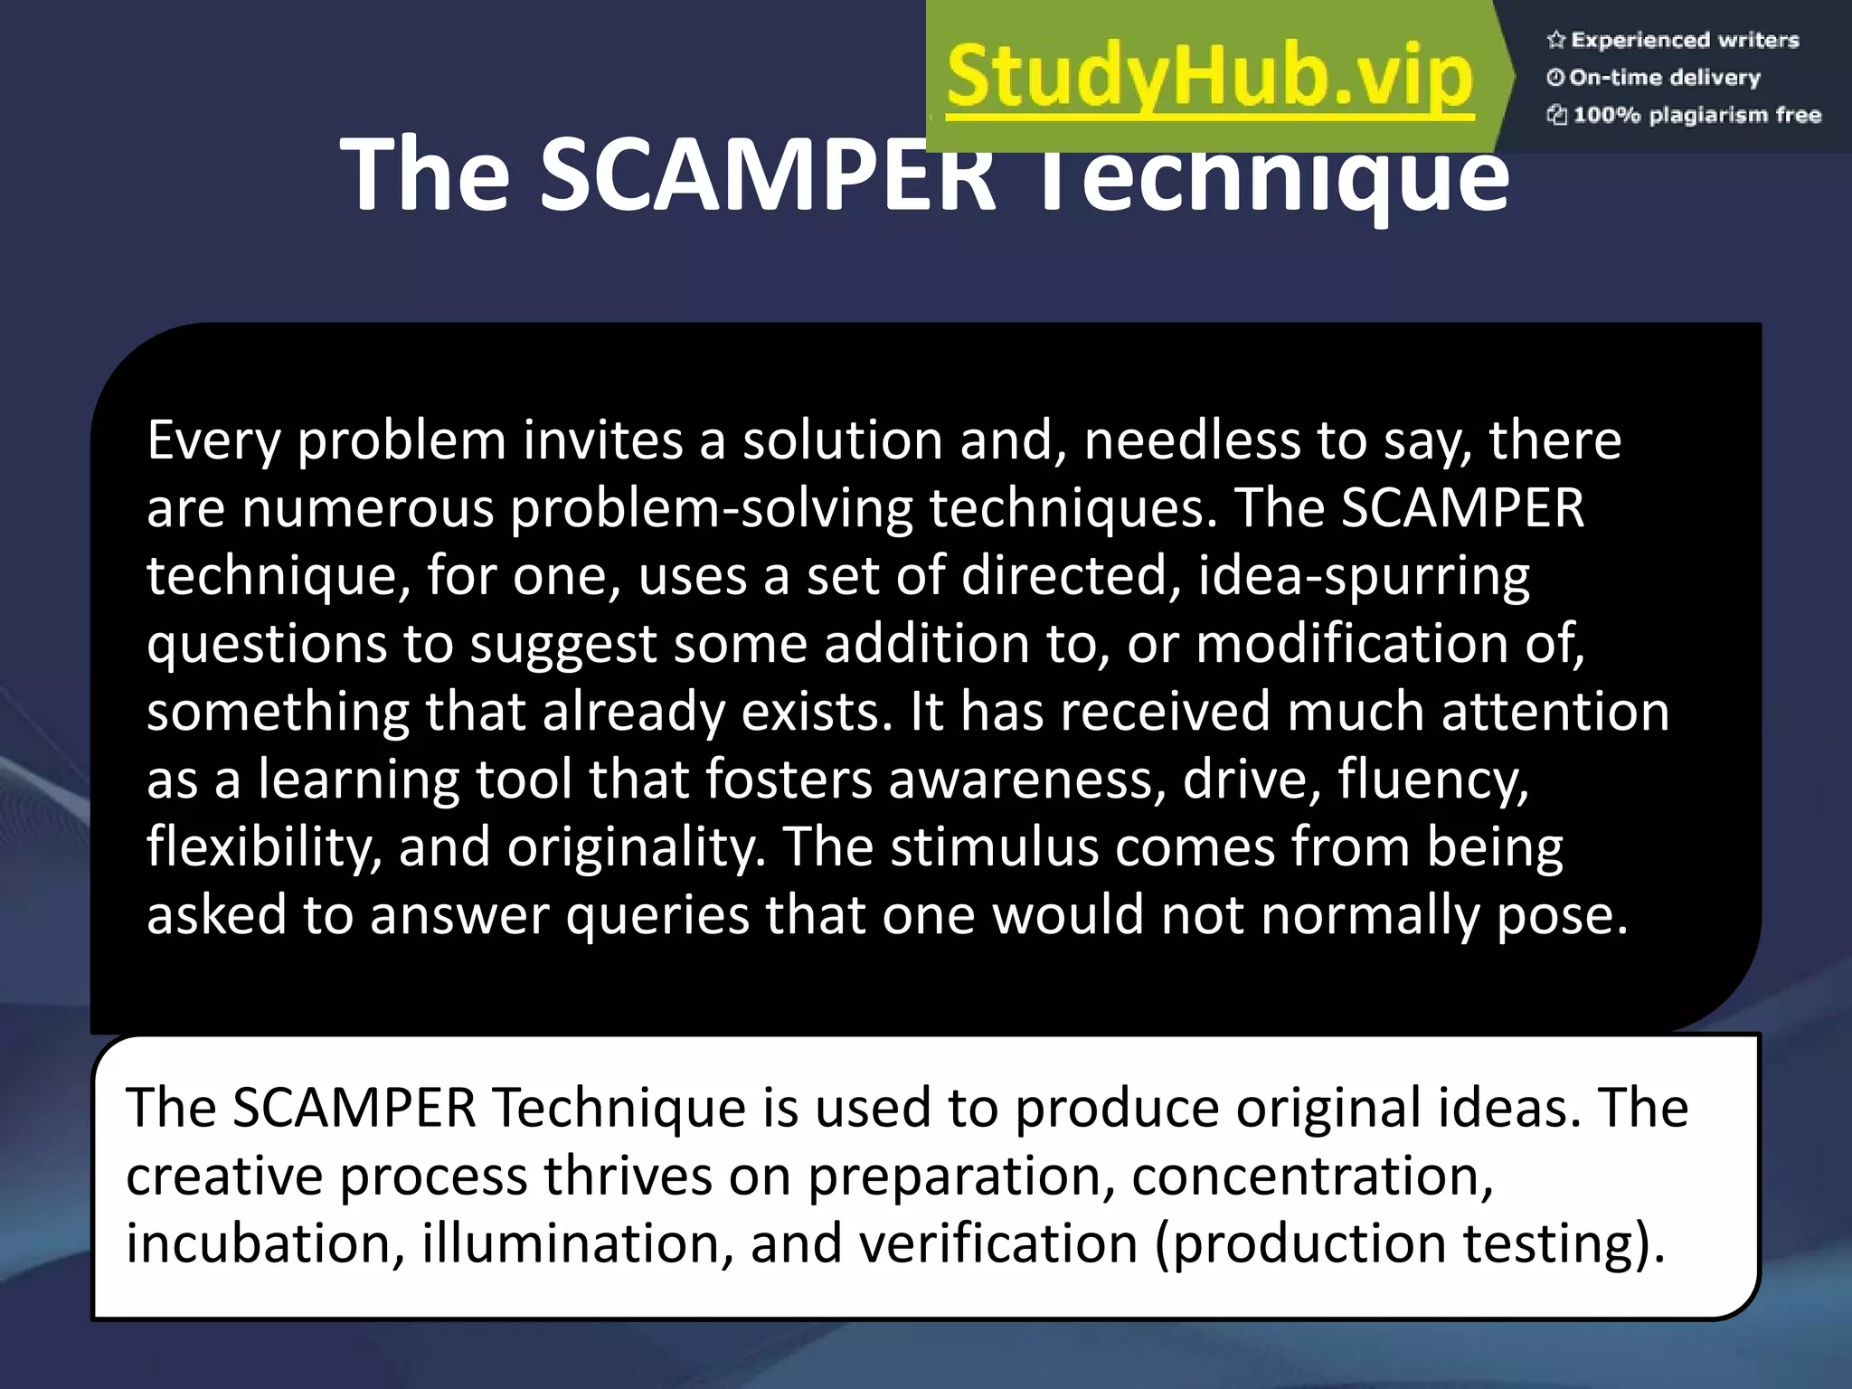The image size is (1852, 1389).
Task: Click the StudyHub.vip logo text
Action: [1210, 77]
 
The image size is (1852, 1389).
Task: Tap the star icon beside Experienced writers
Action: [1555, 40]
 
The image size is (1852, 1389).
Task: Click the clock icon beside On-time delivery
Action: [1555, 78]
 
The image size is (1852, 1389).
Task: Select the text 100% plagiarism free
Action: [1696, 115]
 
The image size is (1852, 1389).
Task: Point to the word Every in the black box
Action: [213, 441]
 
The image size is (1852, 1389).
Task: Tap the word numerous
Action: [367, 508]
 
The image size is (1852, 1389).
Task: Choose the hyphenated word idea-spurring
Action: [1364, 576]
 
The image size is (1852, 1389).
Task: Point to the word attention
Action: [1554, 711]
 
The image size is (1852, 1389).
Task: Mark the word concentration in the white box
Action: [1311, 1176]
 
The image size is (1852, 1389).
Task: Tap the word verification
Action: [997, 1243]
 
